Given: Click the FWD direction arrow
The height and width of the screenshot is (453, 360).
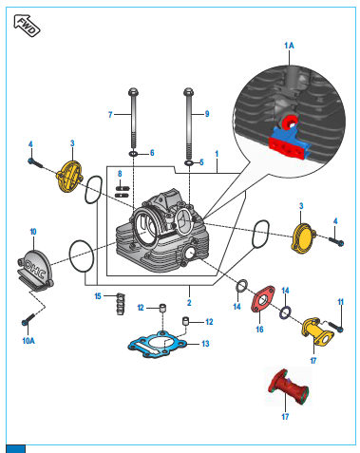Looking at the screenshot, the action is click(27, 26).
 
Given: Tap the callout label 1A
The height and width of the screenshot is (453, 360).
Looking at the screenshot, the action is click(289, 46).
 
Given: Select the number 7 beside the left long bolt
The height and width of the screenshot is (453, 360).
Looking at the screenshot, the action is click(110, 115).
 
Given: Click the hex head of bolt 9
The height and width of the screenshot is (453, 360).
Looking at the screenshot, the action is click(188, 92).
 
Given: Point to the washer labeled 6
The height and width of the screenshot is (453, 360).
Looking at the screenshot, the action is click(133, 154).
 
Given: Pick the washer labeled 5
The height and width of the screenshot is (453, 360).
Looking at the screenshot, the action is click(189, 163).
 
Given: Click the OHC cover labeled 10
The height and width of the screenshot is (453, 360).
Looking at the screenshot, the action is click(35, 270).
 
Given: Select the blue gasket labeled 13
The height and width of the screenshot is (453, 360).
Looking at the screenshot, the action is click(158, 344).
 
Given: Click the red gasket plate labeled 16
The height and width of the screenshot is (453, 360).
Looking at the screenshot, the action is click(263, 299).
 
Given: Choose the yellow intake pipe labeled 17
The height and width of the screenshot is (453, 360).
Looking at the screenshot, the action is click(317, 331).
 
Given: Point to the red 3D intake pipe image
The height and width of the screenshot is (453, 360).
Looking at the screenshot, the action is click(288, 387).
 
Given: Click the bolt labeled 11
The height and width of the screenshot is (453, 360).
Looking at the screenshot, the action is click(335, 327).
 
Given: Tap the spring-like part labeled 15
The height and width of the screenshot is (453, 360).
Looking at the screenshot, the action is click(121, 304).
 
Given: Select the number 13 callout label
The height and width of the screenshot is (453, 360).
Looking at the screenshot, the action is click(205, 344).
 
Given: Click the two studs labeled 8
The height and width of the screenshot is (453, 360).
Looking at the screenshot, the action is click(123, 192).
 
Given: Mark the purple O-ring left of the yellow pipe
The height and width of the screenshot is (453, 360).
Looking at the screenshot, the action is click(285, 312).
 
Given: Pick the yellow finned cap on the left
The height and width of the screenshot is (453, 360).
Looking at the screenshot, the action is click(70, 176).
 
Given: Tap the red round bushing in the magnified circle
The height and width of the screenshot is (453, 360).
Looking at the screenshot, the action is click(290, 122).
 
